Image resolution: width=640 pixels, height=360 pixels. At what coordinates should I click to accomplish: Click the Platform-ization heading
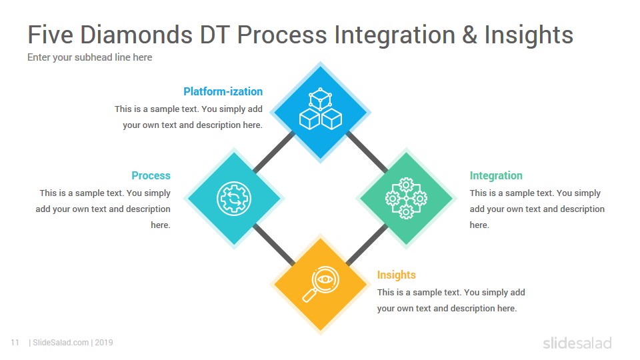click(x=223, y=91)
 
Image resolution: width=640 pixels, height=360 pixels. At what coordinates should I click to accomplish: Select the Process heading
click(x=151, y=175)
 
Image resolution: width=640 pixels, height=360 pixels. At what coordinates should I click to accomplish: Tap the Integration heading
click(x=496, y=175)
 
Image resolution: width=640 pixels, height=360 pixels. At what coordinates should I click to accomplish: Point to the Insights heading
click(x=396, y=275)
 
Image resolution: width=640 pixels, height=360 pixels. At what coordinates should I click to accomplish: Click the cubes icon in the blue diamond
click(x=321, y=109)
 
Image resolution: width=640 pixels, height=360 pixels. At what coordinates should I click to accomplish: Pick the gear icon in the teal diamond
click(x=234, y=199)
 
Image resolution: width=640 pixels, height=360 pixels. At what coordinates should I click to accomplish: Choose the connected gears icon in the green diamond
click(x=406, y=199)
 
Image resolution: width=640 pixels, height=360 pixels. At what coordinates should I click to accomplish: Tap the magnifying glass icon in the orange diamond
click(x=321, y=284)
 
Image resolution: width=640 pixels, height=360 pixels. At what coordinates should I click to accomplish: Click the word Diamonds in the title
click(x=136, y=34)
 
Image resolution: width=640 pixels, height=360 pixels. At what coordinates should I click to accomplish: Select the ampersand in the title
click(x=470, y=35)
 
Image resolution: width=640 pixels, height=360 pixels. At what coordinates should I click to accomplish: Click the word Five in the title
click(x=50, y=34)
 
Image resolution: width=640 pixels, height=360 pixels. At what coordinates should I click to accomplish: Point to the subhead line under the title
click(x=90, y=57)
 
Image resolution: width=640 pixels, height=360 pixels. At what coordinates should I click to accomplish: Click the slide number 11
click(x=15, y=343)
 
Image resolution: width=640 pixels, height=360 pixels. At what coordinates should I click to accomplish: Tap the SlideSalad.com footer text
click(x=71, y=343)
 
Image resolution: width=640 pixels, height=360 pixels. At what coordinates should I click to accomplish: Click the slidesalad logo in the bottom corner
click(x=577, y=343)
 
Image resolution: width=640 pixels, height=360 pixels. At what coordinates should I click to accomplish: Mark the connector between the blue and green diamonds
click(x=367, y=152)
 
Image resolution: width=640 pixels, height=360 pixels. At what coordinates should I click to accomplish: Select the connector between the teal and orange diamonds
click(x=274, y=245)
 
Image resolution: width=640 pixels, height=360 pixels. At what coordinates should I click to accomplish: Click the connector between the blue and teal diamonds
click(x=274, y=152)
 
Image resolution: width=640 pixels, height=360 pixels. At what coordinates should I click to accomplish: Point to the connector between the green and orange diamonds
click(x=367, y=245)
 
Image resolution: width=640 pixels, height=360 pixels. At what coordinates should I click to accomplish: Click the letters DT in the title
click(x=215, y=34)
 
